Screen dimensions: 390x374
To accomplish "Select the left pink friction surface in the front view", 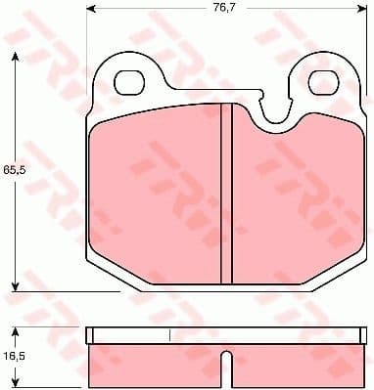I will (x=157, y=195).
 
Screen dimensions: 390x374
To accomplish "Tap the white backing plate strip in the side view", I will (x=225, y=334).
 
